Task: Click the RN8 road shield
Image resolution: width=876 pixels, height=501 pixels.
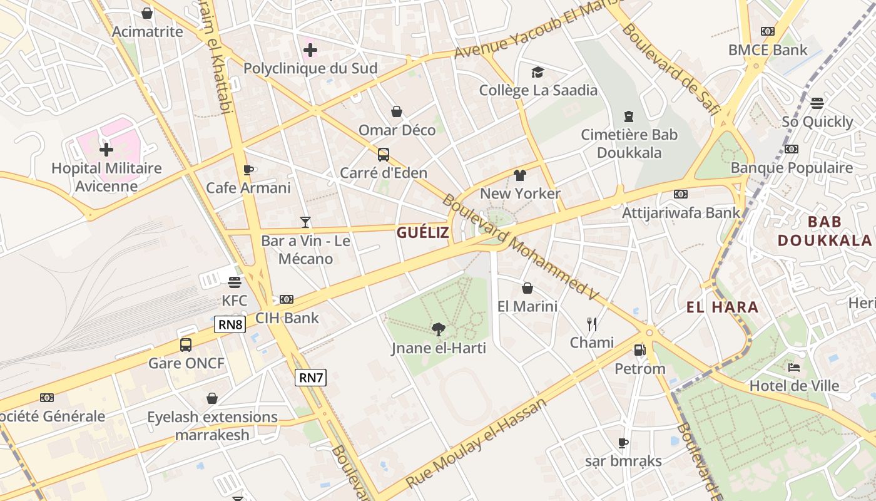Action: tap(230, 324)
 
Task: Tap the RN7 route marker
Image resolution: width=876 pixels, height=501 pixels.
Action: tap(311, 377)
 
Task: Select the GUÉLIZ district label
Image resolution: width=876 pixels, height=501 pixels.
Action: tap(422, 233)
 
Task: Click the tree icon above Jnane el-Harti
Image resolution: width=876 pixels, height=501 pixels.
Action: tap(439, 329)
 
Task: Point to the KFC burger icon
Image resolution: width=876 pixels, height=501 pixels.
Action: tap(235, 282)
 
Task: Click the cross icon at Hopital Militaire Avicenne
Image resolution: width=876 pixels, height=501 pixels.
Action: tap(106, 150)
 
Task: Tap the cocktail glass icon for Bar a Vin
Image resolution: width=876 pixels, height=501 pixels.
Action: tap(305, 222)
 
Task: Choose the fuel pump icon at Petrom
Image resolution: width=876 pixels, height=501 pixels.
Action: tap(639, 350)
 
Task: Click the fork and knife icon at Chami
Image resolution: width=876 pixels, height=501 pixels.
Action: tap(591, 324)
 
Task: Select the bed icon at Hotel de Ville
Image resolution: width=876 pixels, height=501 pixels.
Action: tap(794, 367)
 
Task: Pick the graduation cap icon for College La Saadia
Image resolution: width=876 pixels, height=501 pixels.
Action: tap(537, 73)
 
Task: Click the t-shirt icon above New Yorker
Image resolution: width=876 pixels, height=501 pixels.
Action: tap(520, 175)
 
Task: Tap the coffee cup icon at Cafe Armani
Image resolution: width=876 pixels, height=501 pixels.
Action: tap(248, 170)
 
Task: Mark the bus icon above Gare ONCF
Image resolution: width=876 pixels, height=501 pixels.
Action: tap(186, 344)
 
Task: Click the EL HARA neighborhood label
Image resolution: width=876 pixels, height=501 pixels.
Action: tap(722, 307)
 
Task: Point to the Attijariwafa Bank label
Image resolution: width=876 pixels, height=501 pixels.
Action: tap(681, 213)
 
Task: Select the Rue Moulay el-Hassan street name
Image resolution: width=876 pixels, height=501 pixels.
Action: tap(476, 443)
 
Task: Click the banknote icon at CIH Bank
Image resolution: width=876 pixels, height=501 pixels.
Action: tap(287, 299)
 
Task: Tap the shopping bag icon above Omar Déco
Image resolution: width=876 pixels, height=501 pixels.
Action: tap(397, 112)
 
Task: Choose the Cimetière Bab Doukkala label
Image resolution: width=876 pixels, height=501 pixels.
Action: tap(629, 143)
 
